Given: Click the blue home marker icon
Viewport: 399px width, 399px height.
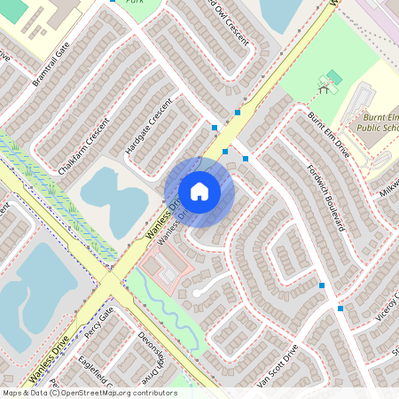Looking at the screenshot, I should [x=199, y=191].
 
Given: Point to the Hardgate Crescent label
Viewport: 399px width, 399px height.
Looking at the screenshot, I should [x=147, y=128].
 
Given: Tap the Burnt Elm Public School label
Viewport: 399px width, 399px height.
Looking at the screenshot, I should [x=379, y=122].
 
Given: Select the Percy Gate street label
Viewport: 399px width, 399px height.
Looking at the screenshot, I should [x=99, y=323].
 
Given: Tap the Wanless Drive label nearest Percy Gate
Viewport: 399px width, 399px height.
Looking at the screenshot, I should [x=47, y=364].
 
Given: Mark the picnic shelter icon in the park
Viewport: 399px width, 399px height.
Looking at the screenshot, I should [x=325, y=87].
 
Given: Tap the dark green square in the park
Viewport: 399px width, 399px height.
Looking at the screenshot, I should [x=333, y=76].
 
